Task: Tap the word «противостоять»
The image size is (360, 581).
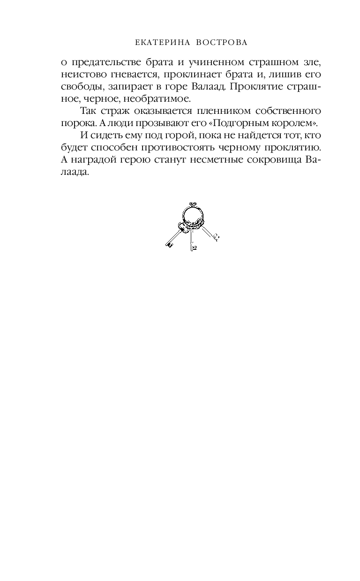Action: point(172,148)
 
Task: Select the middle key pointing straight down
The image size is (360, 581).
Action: point(192,241)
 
